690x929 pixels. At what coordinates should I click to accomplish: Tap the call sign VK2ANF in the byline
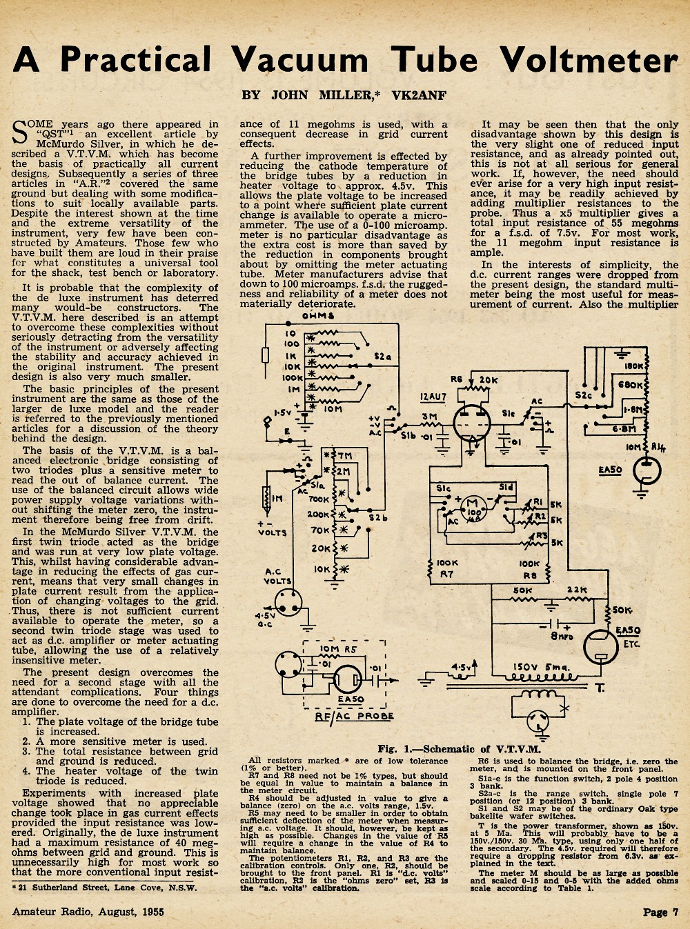(419, 96)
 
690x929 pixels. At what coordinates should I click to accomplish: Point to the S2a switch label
(383, 357)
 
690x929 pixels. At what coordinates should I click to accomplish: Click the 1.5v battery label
(283, 412)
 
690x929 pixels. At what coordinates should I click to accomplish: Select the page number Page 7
(661, 912)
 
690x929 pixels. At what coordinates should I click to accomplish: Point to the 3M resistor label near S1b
(427, 417)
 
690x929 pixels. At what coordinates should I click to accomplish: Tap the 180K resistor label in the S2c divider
(633, 366)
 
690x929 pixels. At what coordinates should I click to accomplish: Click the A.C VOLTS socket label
(277, 577)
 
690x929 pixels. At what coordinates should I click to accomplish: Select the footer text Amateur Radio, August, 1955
(88, 912)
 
